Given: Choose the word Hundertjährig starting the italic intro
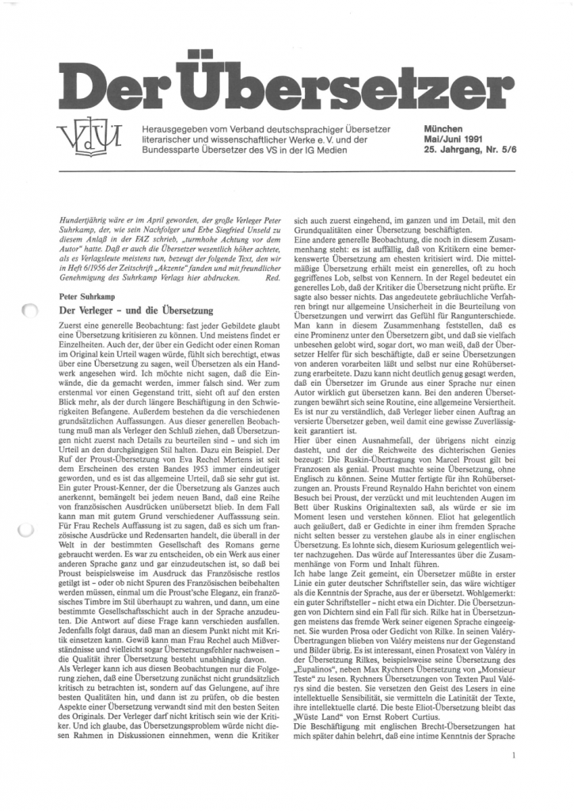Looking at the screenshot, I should coord(86,217).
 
